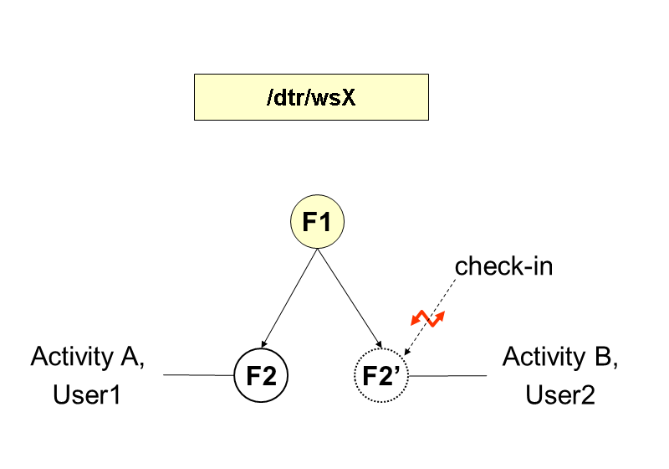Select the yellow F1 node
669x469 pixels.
[x=317, y=223]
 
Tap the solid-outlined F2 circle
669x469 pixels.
[x=261, y=374]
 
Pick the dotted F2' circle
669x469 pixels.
[x=380, y=374]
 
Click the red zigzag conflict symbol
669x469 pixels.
[x=427, y=318]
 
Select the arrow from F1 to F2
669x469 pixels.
[x=289, y=298]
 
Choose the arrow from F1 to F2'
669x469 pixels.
[x=350, y=298]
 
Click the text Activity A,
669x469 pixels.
[x=88, y=357]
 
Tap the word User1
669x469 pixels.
[x=87, y=394]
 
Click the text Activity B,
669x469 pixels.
[x=559, y=357]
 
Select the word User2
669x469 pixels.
[x=559, y=394]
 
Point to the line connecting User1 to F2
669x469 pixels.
[x=197, y=375]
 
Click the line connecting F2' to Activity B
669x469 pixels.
[x=447, y=375]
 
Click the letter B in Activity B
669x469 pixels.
[x=604, y=357]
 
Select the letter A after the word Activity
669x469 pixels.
[x=129, y=357]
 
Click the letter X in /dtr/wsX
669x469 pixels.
[x=349, y=97]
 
